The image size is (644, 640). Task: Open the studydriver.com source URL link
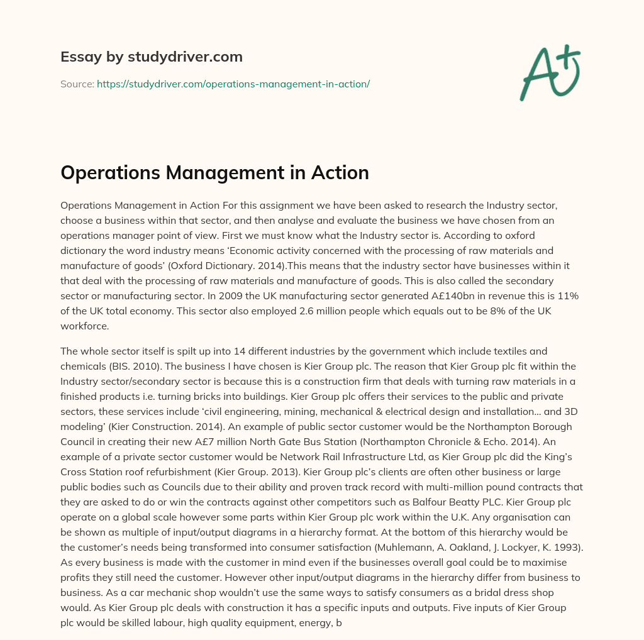(x=233, y=84)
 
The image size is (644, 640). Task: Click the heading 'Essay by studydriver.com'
(x=151, y=57)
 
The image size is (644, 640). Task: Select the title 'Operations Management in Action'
(x=214, y=173)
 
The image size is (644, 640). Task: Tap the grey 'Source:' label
(x=77, y=84)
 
